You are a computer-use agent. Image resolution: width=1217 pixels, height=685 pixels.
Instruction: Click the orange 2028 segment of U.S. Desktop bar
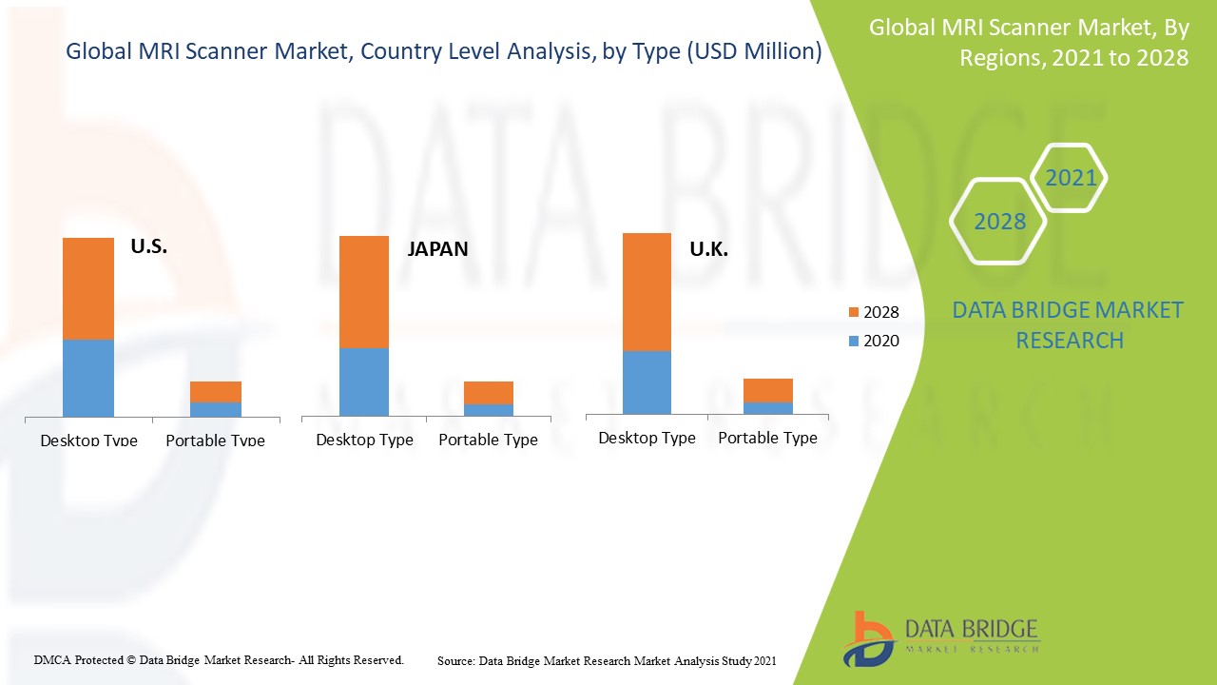88,288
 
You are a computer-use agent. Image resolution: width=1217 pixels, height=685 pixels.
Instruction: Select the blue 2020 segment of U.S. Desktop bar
88,378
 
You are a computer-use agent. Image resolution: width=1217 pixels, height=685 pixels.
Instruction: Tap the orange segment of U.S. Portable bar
216,392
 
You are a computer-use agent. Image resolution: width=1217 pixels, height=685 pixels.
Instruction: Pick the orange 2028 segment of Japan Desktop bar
364,292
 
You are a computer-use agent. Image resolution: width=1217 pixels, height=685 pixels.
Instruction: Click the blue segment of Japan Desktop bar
364,382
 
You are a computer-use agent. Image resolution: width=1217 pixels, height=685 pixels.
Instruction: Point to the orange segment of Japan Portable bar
489,393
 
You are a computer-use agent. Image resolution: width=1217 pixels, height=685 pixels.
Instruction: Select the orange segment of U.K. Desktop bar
647,292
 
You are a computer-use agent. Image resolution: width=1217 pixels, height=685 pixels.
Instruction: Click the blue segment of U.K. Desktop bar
647,382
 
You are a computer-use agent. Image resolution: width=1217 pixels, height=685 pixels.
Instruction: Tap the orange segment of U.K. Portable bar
768,390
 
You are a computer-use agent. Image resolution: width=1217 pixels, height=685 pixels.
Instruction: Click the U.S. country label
148,246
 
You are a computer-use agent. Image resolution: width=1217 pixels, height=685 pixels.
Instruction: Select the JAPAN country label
437,249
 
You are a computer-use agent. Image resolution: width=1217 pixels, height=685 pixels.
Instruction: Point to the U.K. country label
708,249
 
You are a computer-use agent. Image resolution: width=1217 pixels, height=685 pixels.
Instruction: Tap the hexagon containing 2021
1070,178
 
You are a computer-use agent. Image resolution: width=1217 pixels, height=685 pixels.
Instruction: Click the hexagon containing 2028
999,222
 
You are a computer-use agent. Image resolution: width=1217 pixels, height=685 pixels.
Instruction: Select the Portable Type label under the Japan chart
488,440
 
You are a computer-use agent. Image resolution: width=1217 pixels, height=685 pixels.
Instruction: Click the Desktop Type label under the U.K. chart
647,438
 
